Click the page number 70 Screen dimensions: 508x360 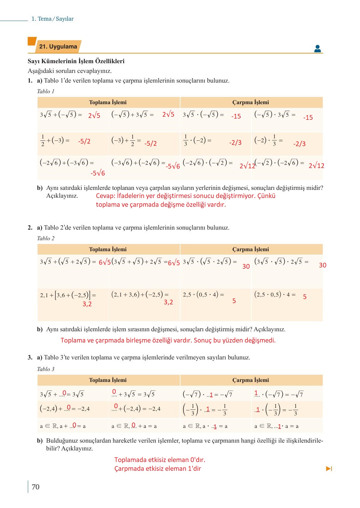[36, 487]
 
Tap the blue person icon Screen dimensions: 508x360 [317, 48]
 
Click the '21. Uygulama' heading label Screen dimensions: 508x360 [58, 47]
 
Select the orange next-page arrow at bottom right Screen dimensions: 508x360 [329, 469]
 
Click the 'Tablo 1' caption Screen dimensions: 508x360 [46, 91]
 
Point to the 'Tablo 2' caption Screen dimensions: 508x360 [46, 238]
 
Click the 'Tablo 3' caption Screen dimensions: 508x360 [46, 369]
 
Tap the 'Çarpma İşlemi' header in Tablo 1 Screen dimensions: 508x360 [251, 102]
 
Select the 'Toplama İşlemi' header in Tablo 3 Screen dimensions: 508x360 [108, 380]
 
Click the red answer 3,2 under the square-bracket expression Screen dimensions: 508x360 [87, 304]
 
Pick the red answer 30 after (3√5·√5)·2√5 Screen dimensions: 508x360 [322, 265]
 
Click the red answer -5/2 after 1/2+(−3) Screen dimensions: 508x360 [84, 141]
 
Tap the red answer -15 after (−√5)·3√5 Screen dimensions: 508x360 [308, 118]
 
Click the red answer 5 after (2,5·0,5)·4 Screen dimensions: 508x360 [305, 297]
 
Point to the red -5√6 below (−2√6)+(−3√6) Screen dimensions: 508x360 [98, 173]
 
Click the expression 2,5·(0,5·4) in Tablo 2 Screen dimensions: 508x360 [203, 295]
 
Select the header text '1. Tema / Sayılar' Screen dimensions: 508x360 [53, 19]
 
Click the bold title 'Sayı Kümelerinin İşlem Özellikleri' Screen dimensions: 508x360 [76, 61]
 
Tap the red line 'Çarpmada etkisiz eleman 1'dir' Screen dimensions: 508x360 [158, 469]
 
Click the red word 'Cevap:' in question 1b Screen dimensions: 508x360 [105, 196]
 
